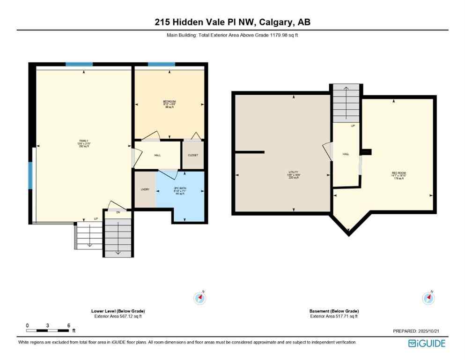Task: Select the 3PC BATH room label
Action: coord(180,189)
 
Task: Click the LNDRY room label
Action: coord(145,189)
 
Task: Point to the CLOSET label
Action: coord(193,155)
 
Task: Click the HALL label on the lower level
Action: coord(158,155)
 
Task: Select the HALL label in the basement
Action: coord(346,154)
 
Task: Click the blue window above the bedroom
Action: coord(162,64)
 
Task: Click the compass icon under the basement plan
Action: coord(428,298)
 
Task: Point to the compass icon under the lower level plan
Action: coord(200,298)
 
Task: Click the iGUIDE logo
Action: coord(427,344)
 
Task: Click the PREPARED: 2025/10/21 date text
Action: coord(417,331)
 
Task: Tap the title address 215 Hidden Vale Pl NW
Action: coord(232,22)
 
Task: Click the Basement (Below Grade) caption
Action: coord(334,311)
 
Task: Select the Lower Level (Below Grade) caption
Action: coord(118,311)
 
